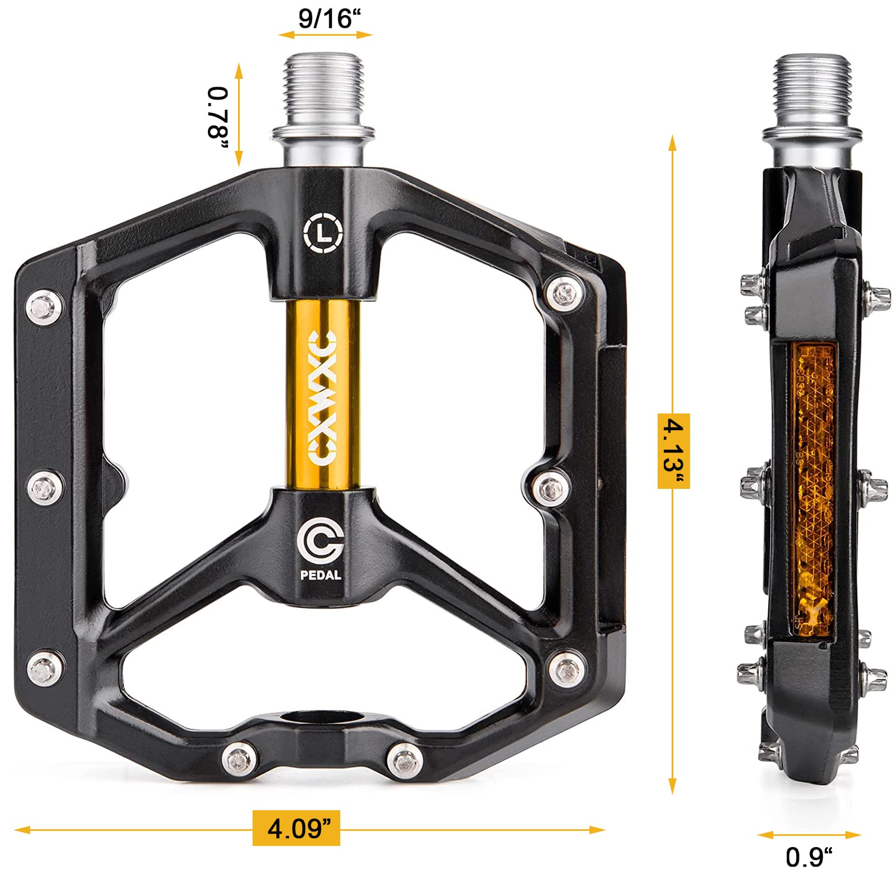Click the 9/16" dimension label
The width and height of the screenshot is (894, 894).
pyautogui.click(x=329, y=18)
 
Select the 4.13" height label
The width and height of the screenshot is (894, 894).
pyautogui.click(x=673, y=451)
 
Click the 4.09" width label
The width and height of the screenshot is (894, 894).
pyautogui.click(x=296, y=828)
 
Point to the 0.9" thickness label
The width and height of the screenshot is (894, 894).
pyautogui.click(x=809, y=857)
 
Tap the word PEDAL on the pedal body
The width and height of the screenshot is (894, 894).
pyautogui.click(x=321, y=574)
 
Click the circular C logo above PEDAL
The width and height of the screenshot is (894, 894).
pyautogui.click(x=320, y=541)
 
